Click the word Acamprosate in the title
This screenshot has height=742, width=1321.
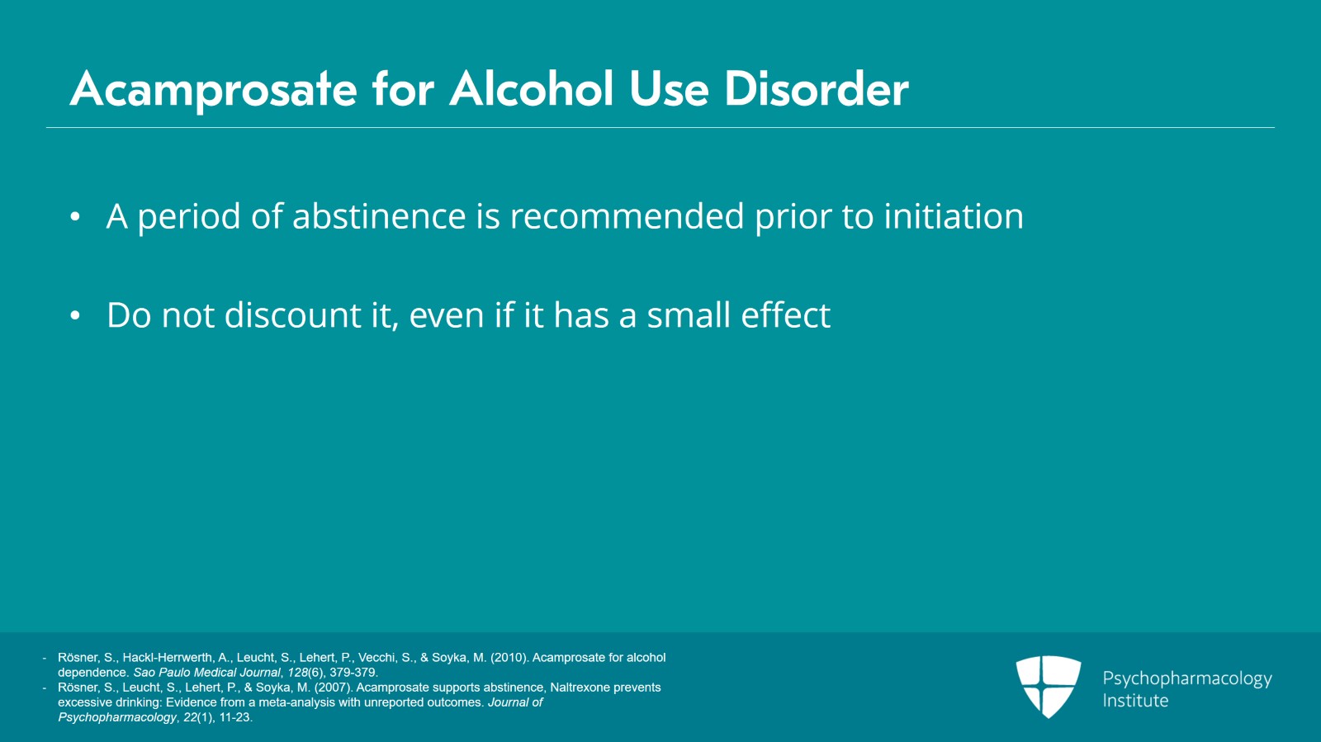pyautogui.click(x=213, y=89)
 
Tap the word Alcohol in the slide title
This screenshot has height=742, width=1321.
pyautogui.click(x=532, y=89)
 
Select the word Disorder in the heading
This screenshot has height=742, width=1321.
pyautogui.click(x=816, y=89)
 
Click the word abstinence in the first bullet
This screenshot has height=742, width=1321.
pyautogui.click(x=379, y=216)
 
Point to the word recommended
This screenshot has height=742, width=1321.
pyautogui.click(x=627, y=216)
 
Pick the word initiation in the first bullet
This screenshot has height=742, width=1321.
pyautogui.click(x=954, y=216)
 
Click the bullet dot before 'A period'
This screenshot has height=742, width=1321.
pyautogui.click(x=75, y=217)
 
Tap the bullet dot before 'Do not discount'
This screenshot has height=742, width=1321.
pyautogui.click(x=75, y=316)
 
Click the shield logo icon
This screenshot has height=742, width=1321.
pyautogui.click(x=1048, y=686)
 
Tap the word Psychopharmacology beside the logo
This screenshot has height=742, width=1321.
pyautogui.click(x=1186, y=678)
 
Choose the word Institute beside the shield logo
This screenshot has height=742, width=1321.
pyautogui.click(x=1135, y=701)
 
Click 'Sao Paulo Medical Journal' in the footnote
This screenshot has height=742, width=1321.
pyautogui.click(x=206, y=673)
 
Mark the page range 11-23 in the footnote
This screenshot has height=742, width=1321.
pyautogui.click(x=234, y=717)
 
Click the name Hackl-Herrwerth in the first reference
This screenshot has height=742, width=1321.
pyautogui.click(x=168, y=658)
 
